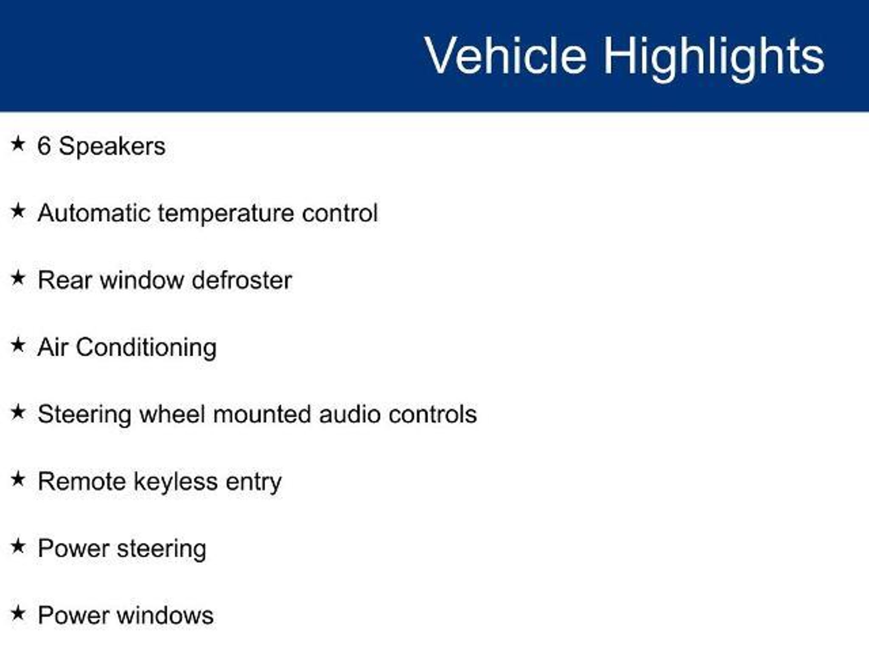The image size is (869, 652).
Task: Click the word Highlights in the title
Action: point(714,58)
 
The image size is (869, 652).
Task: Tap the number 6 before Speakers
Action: point(44,146)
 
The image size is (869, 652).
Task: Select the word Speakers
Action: point(112,148)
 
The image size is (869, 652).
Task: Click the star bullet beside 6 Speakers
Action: point(18,143)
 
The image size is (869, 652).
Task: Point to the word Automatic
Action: point(94,213)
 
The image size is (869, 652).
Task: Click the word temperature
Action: point(226,214)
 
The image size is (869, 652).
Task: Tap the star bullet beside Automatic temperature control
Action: point(18,211)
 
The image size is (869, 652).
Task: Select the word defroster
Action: point(242,280)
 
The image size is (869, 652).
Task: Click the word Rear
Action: point(64,281)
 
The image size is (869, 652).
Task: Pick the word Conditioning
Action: point(146,348)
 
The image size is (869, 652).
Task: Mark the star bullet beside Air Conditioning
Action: point(18,345)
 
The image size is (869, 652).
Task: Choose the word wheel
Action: point(172,414)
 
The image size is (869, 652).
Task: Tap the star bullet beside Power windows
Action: point(18,613)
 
